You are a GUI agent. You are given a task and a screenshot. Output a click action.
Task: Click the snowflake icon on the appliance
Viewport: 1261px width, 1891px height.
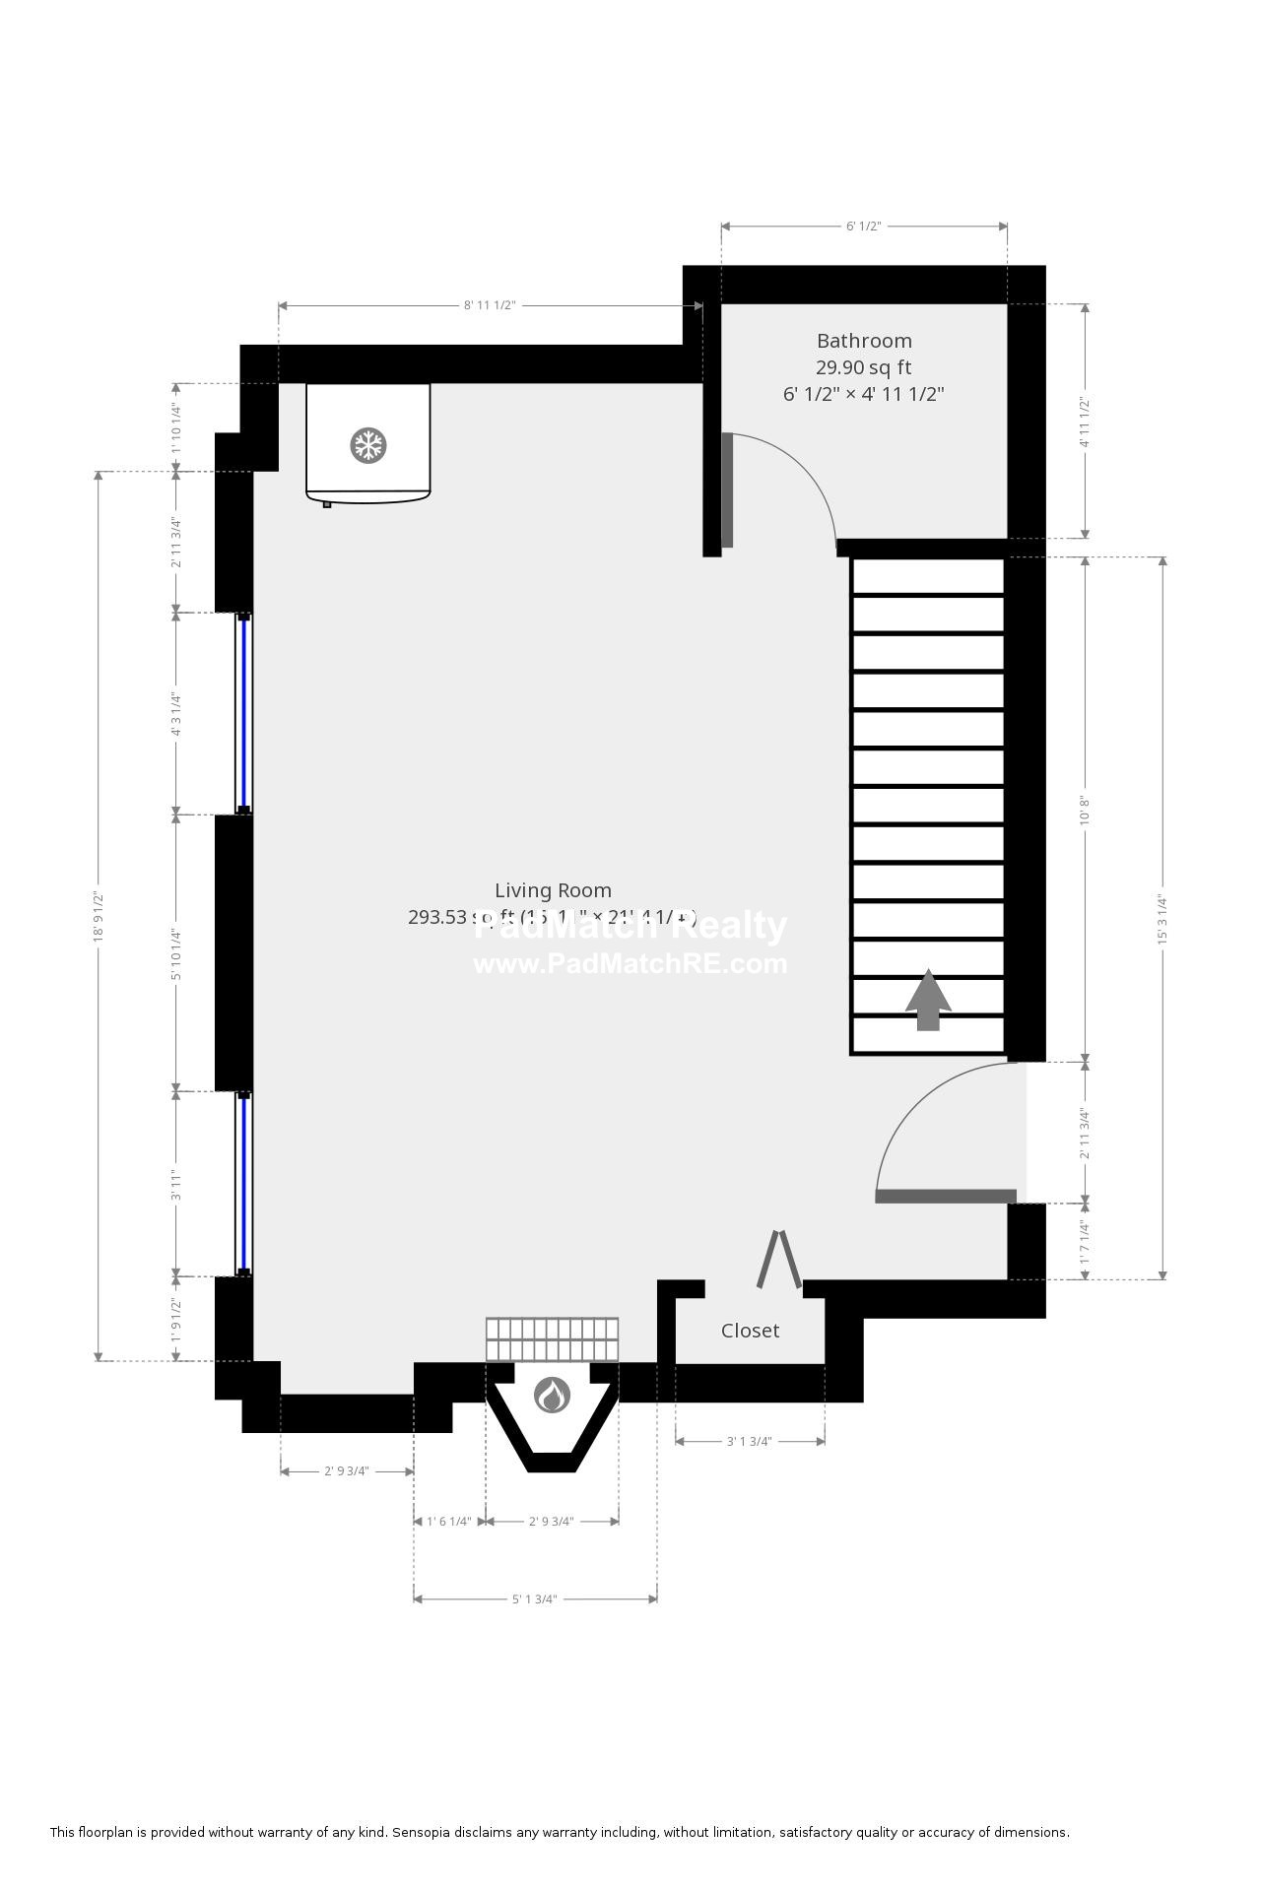(368, 446)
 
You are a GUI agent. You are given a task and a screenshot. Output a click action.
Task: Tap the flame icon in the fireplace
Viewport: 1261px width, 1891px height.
(552, 1395)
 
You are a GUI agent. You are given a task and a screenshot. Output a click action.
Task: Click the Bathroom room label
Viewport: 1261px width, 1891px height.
(864, 341)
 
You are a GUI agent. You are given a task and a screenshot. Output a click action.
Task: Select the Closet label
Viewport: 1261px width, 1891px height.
(750, 1331)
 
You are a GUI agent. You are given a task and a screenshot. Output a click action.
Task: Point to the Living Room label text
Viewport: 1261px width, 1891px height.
(553, 890)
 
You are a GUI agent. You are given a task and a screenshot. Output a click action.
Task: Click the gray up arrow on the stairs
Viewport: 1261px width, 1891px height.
(928, 1000)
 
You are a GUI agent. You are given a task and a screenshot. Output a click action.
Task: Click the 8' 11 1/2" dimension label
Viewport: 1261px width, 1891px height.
(490, 305)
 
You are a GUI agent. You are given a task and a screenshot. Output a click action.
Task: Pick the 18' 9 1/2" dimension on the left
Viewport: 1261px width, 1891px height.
(99, 917)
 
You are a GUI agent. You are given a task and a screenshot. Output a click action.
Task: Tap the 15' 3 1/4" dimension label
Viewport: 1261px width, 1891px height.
(1162, 919)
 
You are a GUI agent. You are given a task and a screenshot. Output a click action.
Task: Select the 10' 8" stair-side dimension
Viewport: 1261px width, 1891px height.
(1086, 810)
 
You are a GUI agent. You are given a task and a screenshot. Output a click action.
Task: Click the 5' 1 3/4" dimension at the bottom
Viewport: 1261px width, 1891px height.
(535, 1598)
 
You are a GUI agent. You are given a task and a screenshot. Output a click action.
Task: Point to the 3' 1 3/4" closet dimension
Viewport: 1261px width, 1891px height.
(749, 1441)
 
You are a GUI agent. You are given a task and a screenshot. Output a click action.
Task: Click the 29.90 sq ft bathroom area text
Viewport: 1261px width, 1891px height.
(863, 367)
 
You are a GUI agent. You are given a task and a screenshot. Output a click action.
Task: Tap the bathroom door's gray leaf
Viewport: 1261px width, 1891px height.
(727, 490)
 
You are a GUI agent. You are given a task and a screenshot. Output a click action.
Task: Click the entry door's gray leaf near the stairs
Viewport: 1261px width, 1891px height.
(945, 1196)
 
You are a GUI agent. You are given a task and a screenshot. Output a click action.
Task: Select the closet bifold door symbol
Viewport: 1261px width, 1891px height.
(778, 1259)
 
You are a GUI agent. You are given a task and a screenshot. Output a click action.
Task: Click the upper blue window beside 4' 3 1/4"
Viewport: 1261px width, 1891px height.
(243, 713)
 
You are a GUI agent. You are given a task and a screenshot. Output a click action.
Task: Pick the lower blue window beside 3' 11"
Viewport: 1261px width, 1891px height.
(243, 1183)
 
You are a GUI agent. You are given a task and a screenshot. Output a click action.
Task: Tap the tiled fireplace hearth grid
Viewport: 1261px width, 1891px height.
(552, 1339)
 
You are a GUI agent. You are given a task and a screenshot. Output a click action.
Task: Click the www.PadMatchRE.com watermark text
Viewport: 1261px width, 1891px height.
(630, 963)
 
